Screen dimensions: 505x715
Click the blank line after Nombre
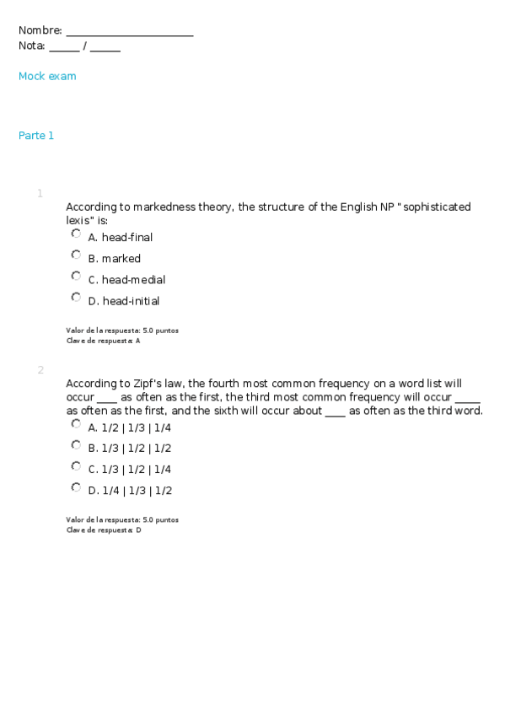click(x=129, y=32)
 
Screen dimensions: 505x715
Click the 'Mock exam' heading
click(x=47, y=77)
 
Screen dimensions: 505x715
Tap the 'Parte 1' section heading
click(x=36, y=136)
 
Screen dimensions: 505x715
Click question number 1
click(x=40, y=194)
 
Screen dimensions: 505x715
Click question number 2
click(x=40, y=370)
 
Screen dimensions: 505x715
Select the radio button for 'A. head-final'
click(x=76, y=234)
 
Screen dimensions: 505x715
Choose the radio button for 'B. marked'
click(x=76, y=255)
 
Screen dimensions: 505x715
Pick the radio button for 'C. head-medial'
click(x=76, y=276)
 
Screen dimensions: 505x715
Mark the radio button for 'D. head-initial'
click(x=76, y=297)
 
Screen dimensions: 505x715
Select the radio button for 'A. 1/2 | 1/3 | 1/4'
click(x=76, y=423)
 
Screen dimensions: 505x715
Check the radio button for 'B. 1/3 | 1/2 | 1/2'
click(x=76, y=444)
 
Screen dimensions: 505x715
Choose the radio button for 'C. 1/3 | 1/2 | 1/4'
click(x=76, y=465)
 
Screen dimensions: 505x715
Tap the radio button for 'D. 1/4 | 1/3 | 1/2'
click(x=76, y=487)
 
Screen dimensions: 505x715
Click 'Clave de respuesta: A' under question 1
click(x=103, y=341)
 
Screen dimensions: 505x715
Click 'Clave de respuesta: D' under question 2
click(x=103, y=530)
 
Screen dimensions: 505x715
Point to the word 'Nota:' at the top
click(x=32, y=46)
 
